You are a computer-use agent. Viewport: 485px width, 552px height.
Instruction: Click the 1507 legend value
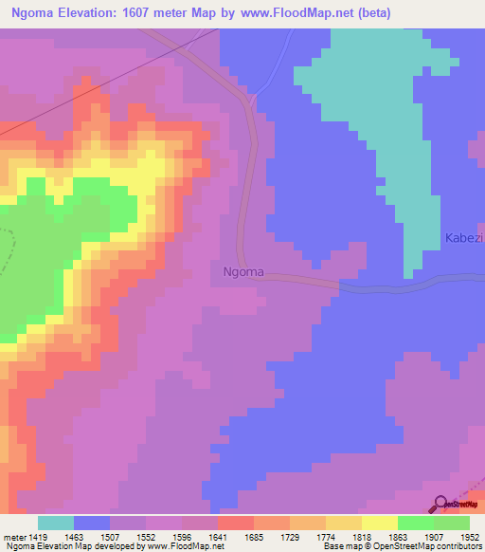128,535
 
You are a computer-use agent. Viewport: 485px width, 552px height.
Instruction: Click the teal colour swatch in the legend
56,523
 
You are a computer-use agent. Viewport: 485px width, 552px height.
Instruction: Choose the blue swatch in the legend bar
92,523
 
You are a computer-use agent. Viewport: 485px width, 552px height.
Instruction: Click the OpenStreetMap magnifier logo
441,504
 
